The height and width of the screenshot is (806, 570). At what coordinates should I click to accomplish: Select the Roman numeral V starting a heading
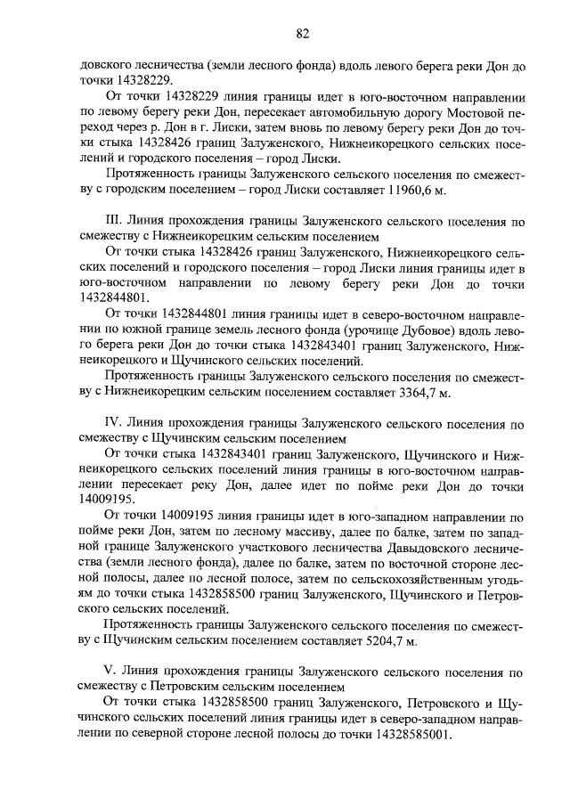click(110, 672)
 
